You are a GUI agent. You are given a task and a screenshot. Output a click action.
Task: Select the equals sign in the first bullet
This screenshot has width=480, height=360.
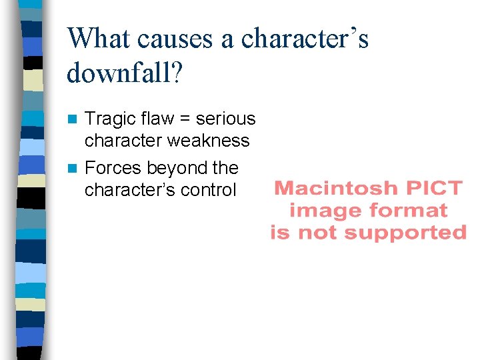click(x=182, y=119)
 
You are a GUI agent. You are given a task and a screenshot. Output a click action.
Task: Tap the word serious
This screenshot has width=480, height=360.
click(x=225, y=119)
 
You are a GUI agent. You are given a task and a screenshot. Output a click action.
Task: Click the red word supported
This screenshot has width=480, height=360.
click(x=414, y=233)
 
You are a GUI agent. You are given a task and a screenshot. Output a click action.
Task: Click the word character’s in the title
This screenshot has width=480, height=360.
click(x=305, y=39)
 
